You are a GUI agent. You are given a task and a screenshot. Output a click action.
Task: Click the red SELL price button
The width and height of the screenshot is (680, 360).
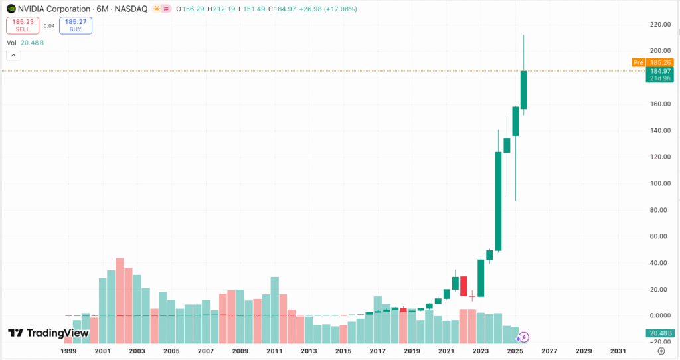click(x=23, y=25)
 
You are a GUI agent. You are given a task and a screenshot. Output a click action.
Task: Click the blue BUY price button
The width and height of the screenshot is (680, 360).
click(x=76, y=25)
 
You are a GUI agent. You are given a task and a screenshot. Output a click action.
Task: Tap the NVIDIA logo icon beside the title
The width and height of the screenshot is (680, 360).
click(x=11, y=9)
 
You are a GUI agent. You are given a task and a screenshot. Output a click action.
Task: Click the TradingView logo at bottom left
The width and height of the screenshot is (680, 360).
click(x=48, y=333)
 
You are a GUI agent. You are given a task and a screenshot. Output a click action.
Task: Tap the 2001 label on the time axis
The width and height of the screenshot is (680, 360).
click(x=102, y=351)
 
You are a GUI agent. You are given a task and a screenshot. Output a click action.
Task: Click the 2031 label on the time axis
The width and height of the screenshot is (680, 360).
click(x=618, y=351)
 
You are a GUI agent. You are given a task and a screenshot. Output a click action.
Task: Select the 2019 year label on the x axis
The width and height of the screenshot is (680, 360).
click(x=412, y=351)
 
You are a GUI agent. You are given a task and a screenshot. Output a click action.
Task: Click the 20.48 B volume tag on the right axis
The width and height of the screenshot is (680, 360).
click(x=660, y=333)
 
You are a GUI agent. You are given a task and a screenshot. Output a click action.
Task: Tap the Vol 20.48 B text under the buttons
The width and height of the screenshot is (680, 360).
click(x=25, y=43)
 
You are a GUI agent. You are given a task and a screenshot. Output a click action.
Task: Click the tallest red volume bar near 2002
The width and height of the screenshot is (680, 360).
click(x=120, y=286)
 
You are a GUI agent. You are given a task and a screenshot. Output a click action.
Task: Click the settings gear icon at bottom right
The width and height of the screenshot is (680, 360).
click(x=661, y=351)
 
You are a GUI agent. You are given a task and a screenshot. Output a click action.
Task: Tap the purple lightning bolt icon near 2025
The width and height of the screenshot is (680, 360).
click(x=523, y=337)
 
